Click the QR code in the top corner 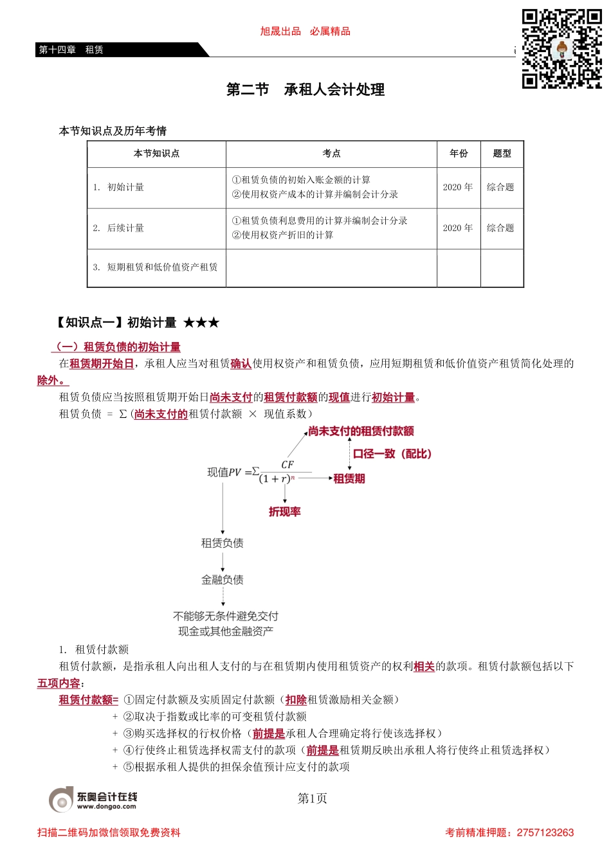click(561, 49)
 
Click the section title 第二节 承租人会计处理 click(305, 90)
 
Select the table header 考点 click(331, 154)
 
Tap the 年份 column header click(459, 154)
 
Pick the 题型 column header click(502, 154)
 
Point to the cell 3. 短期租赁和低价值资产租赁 click(156, 267)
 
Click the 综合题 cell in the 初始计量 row click(500, 187)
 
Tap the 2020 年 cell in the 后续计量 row click(458, 228)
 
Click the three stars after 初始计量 click(201, 323)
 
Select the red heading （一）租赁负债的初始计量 click(116, 347)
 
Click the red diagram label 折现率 click(285, 512)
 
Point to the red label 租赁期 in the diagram click(349, 478)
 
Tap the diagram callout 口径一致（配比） click(392, 454)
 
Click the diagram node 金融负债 click(223, 580)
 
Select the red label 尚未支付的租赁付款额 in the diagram click(361, 431)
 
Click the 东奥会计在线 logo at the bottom click(93, 799)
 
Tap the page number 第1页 click(312, 798)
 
